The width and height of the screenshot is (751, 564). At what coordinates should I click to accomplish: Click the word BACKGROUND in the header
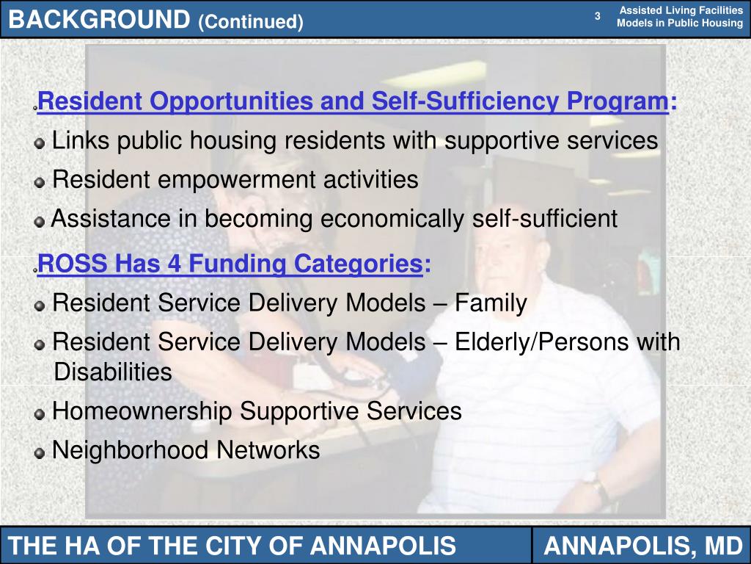tap(99, 20)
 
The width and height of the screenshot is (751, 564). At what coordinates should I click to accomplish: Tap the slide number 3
tap(598, 16)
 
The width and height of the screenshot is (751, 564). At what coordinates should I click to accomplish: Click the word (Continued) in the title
tap(250, 22)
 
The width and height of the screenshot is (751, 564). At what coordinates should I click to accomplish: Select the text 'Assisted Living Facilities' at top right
tap(681, 10)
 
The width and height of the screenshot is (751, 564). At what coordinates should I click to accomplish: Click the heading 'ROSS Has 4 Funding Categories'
tap(230, 263)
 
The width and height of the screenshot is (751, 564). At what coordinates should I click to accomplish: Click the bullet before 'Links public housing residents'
tap(40, 142)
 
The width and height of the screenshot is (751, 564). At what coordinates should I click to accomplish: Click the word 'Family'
tap(491, 303)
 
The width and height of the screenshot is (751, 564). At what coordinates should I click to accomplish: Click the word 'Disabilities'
tap(113, 372)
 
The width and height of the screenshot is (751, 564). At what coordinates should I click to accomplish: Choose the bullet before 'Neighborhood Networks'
tap(40, 453)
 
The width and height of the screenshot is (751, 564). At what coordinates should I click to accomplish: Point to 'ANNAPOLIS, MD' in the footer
tap(642, 546)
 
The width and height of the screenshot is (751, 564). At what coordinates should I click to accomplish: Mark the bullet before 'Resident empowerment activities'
tap(40, 181)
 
